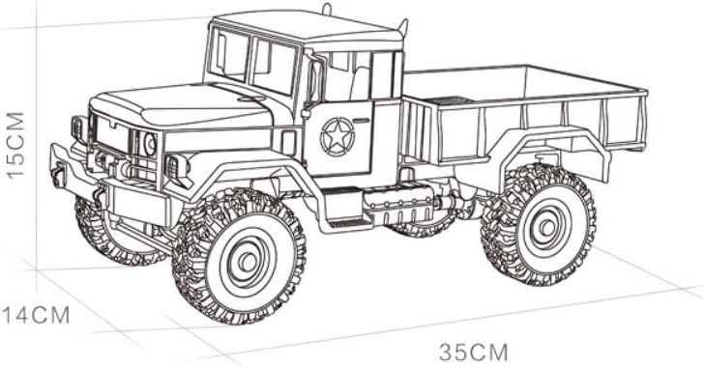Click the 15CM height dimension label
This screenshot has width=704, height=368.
[15, 146]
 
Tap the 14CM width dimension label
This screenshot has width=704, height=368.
[37, 316]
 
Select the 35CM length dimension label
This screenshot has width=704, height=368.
[473, 352]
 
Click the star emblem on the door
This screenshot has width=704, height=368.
[337, 137]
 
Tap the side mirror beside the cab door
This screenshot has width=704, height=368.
[315, 82]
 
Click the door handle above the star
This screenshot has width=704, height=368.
[362, 120]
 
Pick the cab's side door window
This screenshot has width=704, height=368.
[346, 76]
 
